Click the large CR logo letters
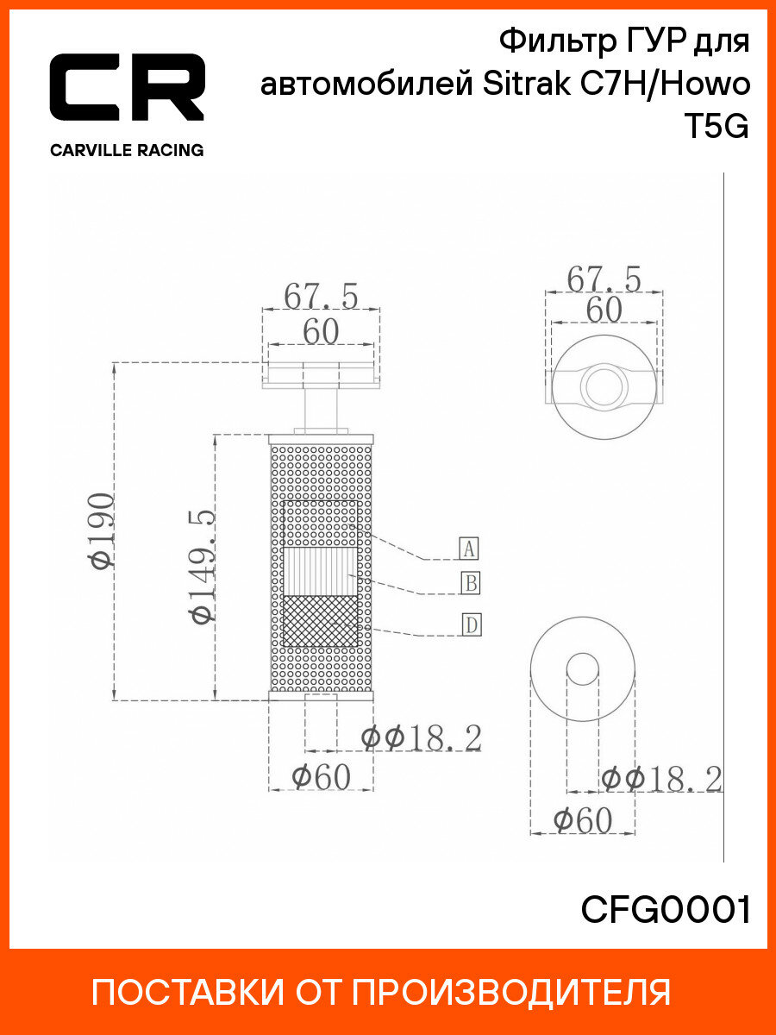[127, 87]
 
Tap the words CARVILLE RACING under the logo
[127, 150]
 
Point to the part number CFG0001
[666, 909]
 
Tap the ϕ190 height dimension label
[101, 531]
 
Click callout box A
[468, 548]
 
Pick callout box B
[468, 583]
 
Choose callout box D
[470, 624]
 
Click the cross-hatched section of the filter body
[321, 621]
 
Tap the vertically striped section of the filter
[321, 572]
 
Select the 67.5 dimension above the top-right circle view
[604, 279]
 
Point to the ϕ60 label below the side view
[321, 778]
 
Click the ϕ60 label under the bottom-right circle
[582, 820]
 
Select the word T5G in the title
[717, 127]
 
